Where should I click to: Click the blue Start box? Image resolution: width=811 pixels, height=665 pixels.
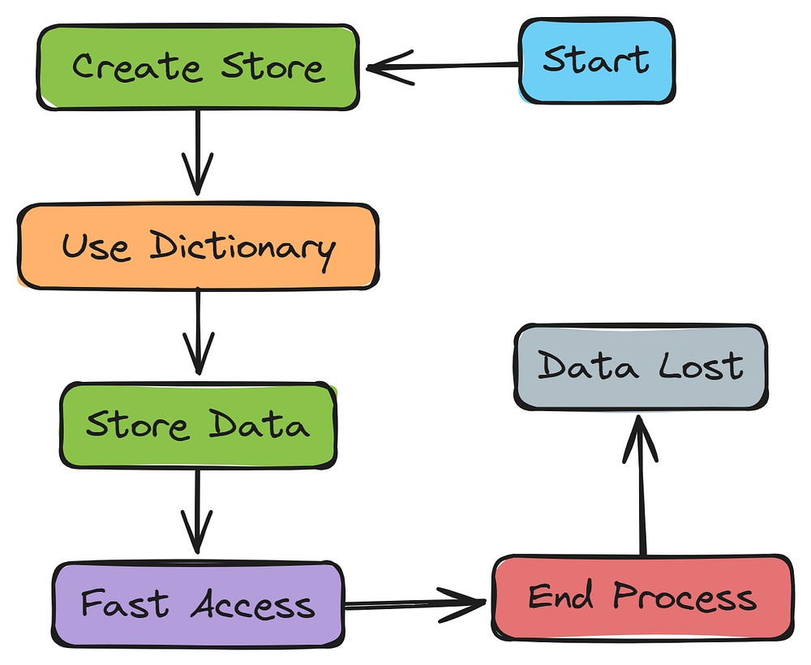596,62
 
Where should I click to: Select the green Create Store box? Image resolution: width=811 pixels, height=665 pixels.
197,66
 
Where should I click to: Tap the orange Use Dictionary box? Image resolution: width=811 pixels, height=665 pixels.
197,247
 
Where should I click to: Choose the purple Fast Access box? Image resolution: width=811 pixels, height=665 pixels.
198,604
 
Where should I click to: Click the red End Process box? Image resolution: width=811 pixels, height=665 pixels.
642,598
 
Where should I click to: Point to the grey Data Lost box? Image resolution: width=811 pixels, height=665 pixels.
640,367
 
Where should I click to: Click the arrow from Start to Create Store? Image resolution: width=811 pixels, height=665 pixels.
442,66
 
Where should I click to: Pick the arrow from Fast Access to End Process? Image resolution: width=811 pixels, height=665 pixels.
415,603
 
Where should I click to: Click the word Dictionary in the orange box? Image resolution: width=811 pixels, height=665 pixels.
242,247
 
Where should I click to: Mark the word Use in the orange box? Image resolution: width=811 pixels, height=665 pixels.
96,247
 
